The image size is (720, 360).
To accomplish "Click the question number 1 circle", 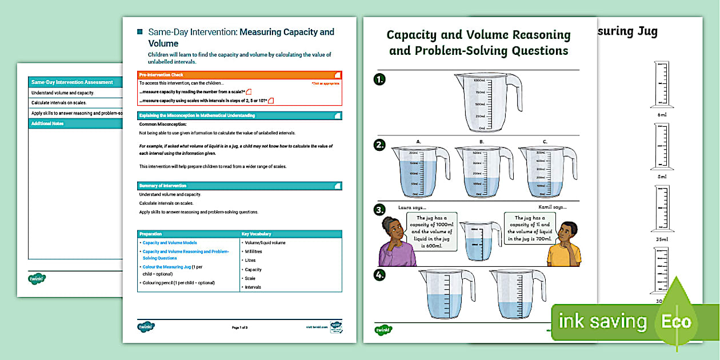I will [x=379, y=79].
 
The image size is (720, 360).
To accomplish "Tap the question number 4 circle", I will [x=379, y=275].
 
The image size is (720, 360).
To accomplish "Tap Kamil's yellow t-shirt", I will [x=563, y=254].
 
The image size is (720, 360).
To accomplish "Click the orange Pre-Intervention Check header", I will [x=239, y=75].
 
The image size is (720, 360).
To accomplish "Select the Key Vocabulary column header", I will [x=291, y=234].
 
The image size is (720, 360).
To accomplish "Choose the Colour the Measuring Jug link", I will [x=167, y=267].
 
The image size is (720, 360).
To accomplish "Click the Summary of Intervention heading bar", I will [x=239, y=186].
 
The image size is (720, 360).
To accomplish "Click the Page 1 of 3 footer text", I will [x=239, y=327].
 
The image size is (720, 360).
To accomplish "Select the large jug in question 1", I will [x=487, y=102].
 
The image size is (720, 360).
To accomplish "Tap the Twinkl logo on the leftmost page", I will [x=37, y=278].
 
